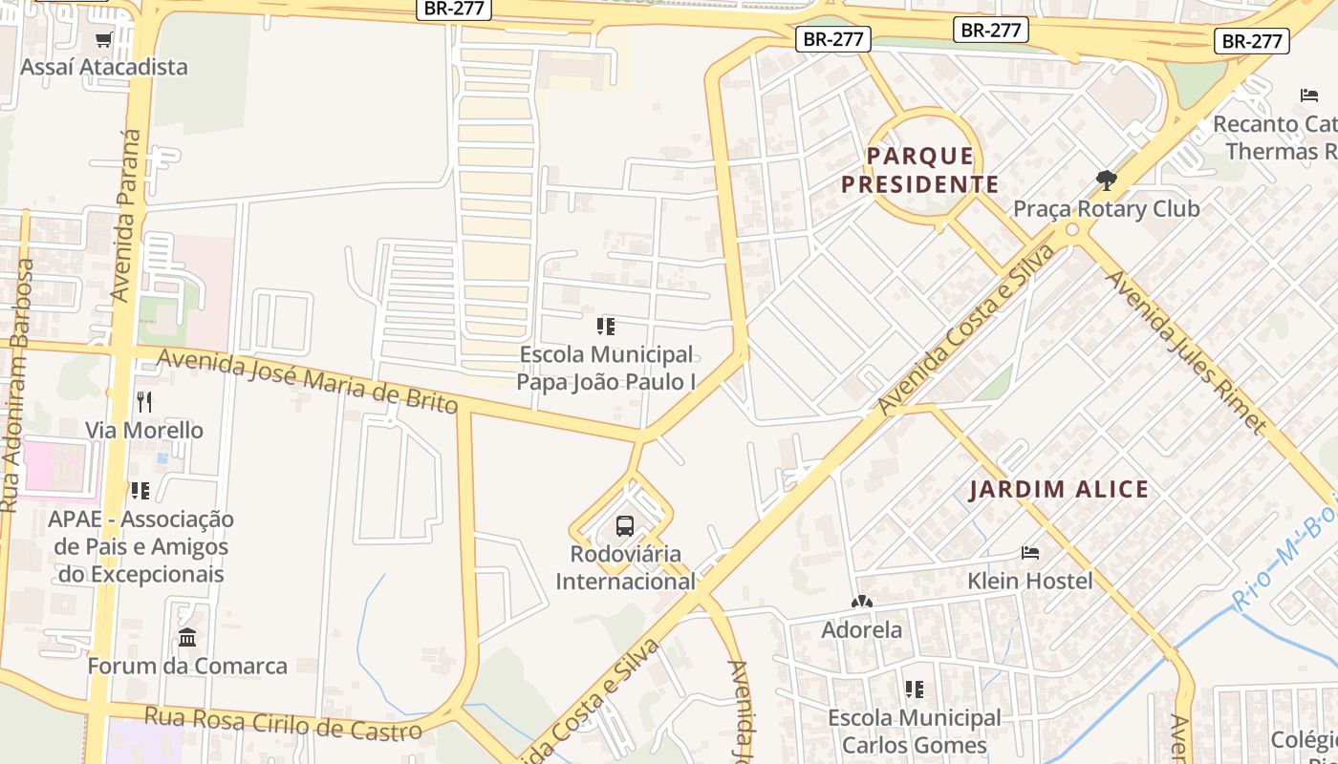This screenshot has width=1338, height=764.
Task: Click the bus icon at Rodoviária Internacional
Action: [624, 525]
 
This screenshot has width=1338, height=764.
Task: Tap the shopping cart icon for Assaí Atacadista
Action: [104, 39]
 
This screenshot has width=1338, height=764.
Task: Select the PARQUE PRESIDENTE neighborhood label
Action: [920, 170]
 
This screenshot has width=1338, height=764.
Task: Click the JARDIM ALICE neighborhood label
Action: [1059, 490]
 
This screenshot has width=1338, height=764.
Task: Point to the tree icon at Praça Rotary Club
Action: [1106, 180]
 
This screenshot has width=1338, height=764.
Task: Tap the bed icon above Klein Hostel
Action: [1029, 552]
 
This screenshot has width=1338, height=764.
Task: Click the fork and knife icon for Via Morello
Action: [144, 401]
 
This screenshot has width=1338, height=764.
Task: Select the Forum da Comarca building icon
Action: [187, 637]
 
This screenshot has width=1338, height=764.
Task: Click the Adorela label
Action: [861, 629]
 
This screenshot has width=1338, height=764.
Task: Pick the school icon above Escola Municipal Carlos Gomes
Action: [914, 689]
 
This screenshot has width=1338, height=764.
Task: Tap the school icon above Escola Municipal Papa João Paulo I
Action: [605, 327]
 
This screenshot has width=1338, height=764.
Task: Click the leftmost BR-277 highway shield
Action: [455, 9]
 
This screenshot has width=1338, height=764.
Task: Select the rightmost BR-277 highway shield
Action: [1251, 41]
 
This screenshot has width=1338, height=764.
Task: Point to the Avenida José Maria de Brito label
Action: [307, 381]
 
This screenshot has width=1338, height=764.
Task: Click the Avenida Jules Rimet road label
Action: [1185, 351]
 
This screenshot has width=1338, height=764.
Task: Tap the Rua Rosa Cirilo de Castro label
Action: [283, 723]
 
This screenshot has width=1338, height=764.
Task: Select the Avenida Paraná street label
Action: [126, 216]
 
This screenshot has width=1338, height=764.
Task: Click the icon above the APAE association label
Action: [140, 491]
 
